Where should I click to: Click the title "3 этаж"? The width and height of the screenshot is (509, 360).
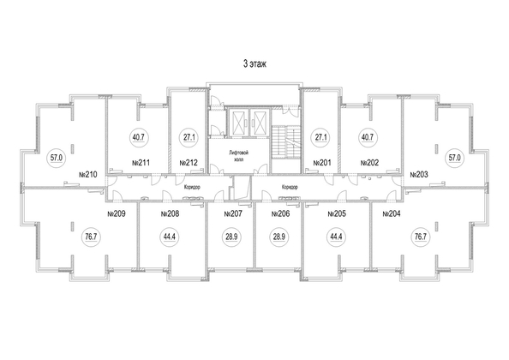point(254,64)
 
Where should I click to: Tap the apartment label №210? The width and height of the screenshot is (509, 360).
point(87,175)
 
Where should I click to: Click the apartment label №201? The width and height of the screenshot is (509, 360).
point(321,162)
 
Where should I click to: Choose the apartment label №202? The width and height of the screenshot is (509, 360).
point(370,162)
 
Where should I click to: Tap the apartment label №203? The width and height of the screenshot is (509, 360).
point(419,175)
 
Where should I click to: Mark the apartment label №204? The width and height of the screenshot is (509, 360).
point(392,213)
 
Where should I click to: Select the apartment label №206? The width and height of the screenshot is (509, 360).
point(281,213)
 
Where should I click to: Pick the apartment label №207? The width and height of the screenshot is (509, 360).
point(232,213)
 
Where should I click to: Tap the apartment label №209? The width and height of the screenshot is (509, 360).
point(116,213)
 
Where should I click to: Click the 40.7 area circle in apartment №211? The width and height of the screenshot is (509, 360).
point(138,135)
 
